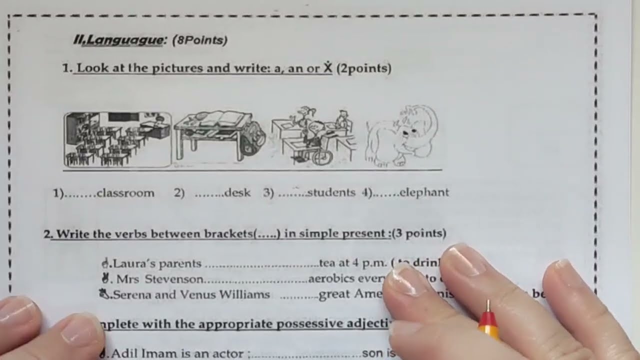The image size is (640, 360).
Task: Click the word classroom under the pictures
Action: (x=125, y=193)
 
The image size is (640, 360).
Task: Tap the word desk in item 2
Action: (x=237, y=193)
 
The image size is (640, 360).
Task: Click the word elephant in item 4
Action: (x=424, y=192)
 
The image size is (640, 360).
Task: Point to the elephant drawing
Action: (x=402, y=136)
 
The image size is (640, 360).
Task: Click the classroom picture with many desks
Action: (x=117, y=139)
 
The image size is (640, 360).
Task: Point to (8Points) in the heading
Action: (x=199, y=41)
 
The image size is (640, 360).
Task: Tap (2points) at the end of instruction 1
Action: (x=363, y=68)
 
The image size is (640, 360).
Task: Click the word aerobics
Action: (x=338, y=279)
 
